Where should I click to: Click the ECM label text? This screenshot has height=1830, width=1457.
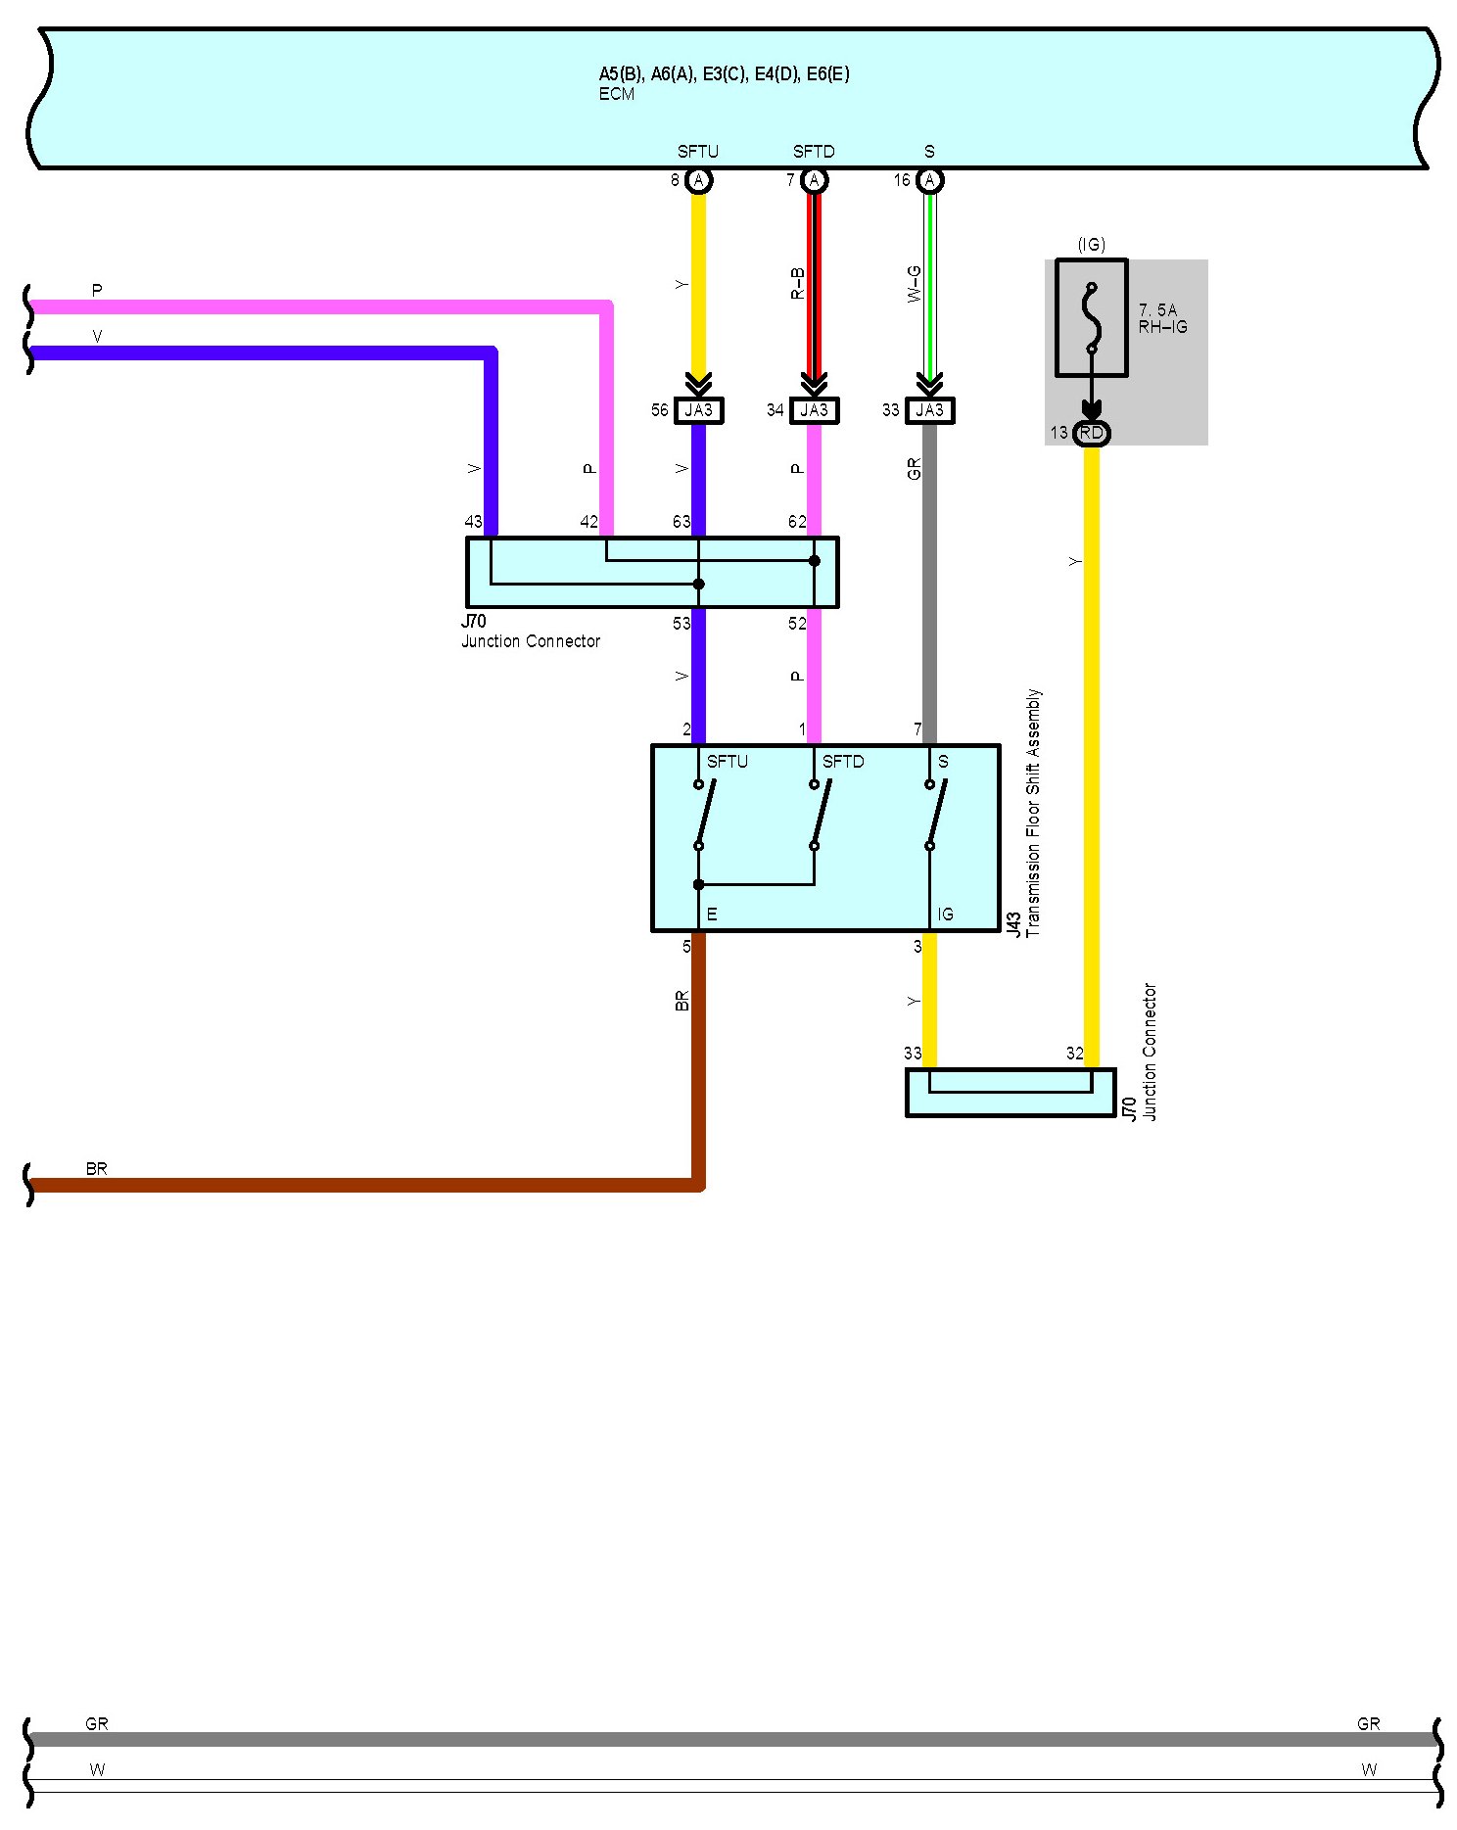click(x=617, y=94)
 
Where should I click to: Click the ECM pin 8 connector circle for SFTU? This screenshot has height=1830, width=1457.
click(x=698, y=180)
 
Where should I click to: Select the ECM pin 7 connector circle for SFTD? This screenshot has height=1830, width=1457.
click(x=814, y=180)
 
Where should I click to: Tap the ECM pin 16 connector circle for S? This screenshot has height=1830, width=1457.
click(x=929, y=180)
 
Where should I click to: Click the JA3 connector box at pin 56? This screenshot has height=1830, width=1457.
click(x=698, y=410)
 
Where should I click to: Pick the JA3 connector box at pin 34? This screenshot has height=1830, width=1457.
click(x=814, y=410)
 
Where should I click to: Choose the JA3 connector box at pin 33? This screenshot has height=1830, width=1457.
click(x=929, y=410)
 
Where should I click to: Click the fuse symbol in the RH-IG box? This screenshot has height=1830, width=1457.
click(x=1091, y=318)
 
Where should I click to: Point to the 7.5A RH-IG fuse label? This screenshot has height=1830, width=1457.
click(x=1162, y=318)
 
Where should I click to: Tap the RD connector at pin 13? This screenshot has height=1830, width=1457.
click(x=1091, y=433)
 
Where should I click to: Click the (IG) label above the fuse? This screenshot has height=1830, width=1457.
click(x=1091, y=245)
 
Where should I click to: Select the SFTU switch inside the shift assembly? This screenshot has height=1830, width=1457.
click(x=703, y=815)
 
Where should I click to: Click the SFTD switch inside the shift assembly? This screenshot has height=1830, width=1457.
click(x=819, y=815)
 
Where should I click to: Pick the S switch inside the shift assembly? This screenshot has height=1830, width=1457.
click(x=934, y=815)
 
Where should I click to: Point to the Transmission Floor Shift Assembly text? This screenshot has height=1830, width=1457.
click(x=1033, y=813)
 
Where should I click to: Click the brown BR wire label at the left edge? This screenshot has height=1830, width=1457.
click(x=96, y=1168)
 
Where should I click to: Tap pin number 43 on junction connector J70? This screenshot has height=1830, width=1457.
click(x=474, y=522)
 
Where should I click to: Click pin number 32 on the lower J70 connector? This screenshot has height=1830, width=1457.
click(x=1075, y=1054)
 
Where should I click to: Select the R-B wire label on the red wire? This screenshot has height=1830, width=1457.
click(x=798, y=283)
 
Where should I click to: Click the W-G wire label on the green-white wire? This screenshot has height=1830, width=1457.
click(x=914, y=283)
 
